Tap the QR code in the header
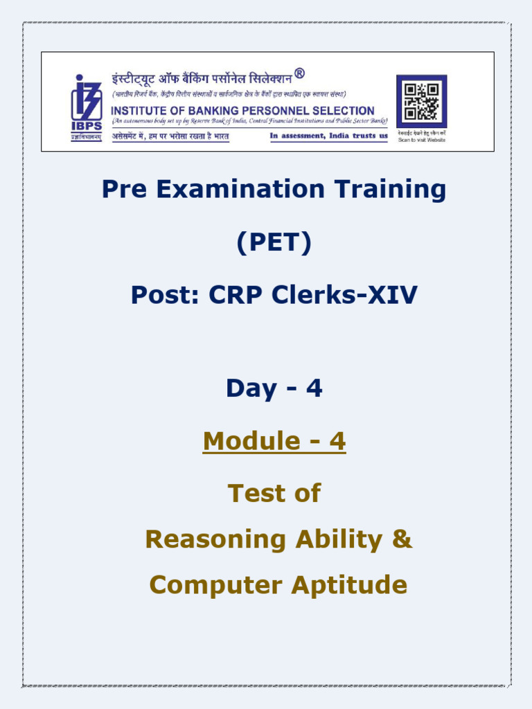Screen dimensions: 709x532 (x=421, y=101)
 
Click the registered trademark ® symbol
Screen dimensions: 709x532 (x=299, y=73)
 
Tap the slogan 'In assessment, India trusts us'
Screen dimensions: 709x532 (x=328, y=136)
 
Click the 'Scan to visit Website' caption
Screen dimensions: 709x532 (x=422, y=140)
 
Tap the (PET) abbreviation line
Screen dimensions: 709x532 (x=274, y=243)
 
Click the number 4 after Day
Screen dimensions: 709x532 (x=314, y=388)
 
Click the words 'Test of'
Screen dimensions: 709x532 (x=274, y=493)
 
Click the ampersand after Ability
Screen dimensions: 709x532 (x=402, y=539)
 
